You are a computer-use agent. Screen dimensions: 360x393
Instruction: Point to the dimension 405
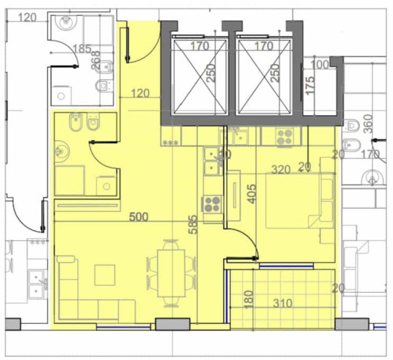251,193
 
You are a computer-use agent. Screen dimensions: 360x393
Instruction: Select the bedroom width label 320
281,169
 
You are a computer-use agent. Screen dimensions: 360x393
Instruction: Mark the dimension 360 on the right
367,124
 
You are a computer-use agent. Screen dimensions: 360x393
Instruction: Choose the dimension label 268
96,59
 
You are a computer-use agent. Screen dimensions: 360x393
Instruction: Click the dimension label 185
81,49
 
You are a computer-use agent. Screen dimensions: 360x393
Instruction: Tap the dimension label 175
310,83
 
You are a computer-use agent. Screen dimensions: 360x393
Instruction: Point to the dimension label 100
319,65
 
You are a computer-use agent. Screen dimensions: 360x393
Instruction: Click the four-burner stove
211,205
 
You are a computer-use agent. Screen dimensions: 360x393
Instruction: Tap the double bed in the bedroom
297,201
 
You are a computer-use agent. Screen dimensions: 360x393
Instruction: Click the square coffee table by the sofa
105,275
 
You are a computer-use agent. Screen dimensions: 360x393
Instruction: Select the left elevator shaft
199,74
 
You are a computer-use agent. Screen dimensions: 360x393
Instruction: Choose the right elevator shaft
264,74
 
